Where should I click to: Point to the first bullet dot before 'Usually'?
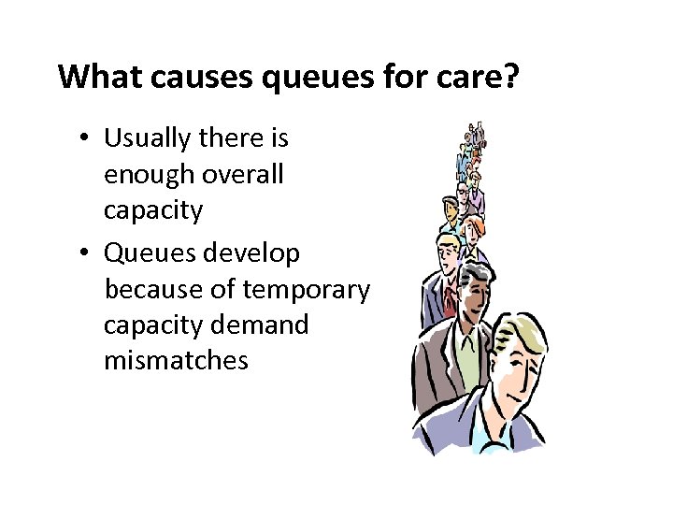(x=84, y=138)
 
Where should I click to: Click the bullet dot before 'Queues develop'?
(x=84, y=253)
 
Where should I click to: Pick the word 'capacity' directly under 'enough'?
(x=153, y=211)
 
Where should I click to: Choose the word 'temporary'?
(x=306, y=290)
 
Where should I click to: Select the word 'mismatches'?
(x=177, y=360)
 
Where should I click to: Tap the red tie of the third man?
(x=450, y=296)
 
